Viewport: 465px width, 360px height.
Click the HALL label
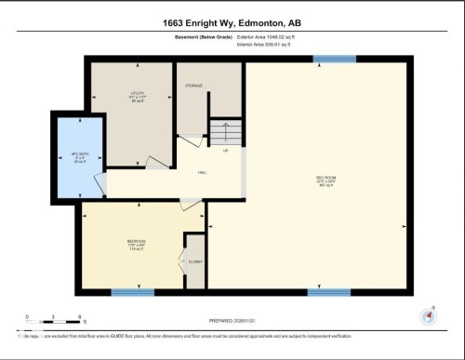click(x=202, y=173)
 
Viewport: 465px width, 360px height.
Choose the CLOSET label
click(x=195, y=262)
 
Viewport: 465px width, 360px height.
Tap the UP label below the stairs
click(x=224, y=149)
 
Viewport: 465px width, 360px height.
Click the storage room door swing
click(x=191, y=140)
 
